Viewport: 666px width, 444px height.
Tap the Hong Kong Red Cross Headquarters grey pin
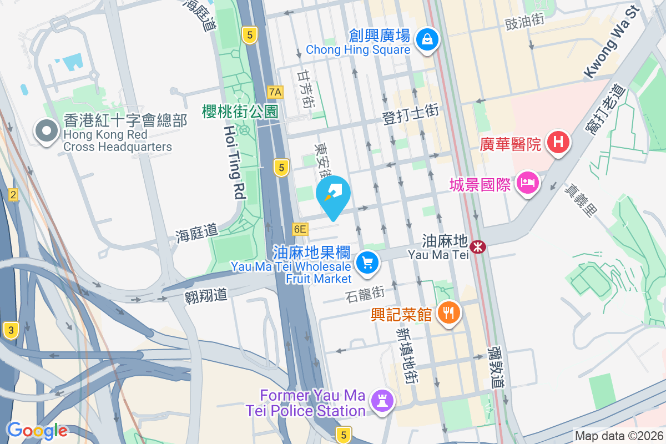47,132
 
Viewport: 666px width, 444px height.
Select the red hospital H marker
558,143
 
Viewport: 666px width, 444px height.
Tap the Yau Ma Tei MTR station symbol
476,246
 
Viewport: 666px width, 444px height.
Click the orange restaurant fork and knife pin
448,312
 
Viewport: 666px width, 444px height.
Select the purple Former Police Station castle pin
382,400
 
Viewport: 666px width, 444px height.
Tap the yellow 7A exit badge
275,92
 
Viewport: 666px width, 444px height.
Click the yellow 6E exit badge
300,229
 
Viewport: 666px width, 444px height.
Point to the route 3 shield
11,330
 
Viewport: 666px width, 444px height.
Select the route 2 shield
13,194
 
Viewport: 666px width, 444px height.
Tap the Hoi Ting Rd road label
235,162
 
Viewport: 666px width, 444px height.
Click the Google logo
37,431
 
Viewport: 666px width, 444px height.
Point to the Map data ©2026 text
618,436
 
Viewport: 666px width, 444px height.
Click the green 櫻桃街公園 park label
240,112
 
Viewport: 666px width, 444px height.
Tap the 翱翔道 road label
206,294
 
